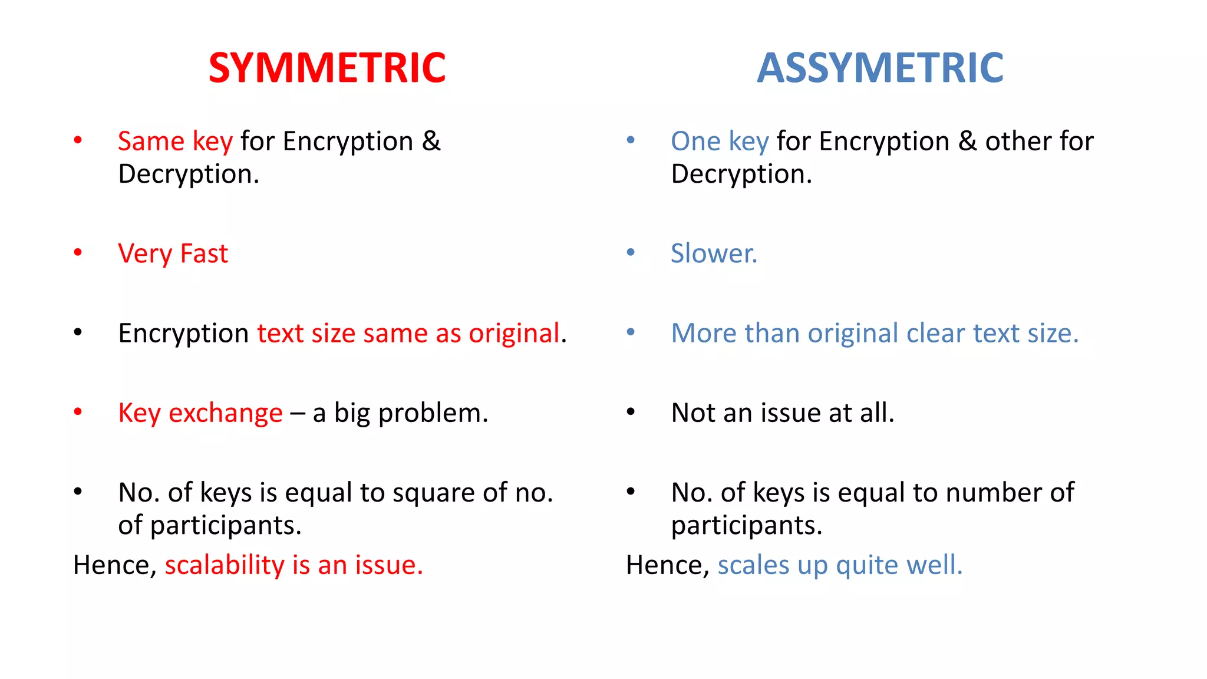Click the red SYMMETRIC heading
327,68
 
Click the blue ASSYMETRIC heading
880,68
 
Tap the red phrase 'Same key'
175,141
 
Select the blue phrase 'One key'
720,141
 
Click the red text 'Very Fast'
173,254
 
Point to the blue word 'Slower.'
714,253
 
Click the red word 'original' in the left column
513,334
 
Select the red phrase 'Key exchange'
200,413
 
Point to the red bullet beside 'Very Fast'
78,253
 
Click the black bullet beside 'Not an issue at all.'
631,412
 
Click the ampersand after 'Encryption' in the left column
431,141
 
